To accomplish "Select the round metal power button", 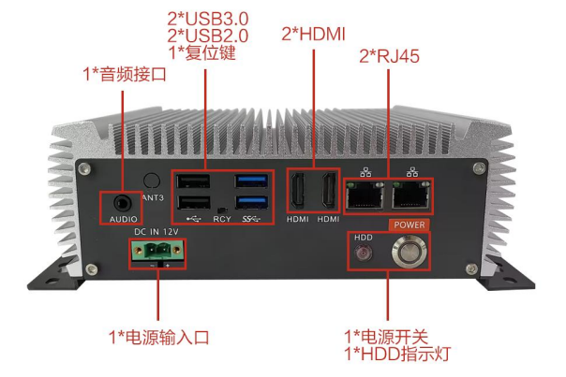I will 410,251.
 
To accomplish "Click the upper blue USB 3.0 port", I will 252,181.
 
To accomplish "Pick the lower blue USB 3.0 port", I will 252,203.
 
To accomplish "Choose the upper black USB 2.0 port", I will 193,181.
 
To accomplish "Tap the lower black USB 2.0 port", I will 193,203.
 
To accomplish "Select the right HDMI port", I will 328,193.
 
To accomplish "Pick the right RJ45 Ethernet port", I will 410,194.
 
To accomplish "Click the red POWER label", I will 409,225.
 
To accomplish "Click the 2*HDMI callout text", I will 314,34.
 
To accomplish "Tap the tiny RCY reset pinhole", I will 221,210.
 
